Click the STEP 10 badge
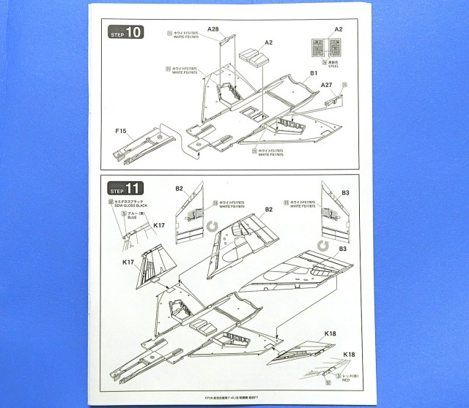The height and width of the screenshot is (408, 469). point(126,32)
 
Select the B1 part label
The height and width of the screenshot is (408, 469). point(314,74)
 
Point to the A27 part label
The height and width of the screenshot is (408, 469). point(328,86)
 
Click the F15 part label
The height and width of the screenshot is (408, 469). point(121,131)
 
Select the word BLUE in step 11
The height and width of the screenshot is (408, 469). point(131,217)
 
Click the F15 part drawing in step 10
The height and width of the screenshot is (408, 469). point(146,146)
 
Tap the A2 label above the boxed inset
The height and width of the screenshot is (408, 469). point(339,29)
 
